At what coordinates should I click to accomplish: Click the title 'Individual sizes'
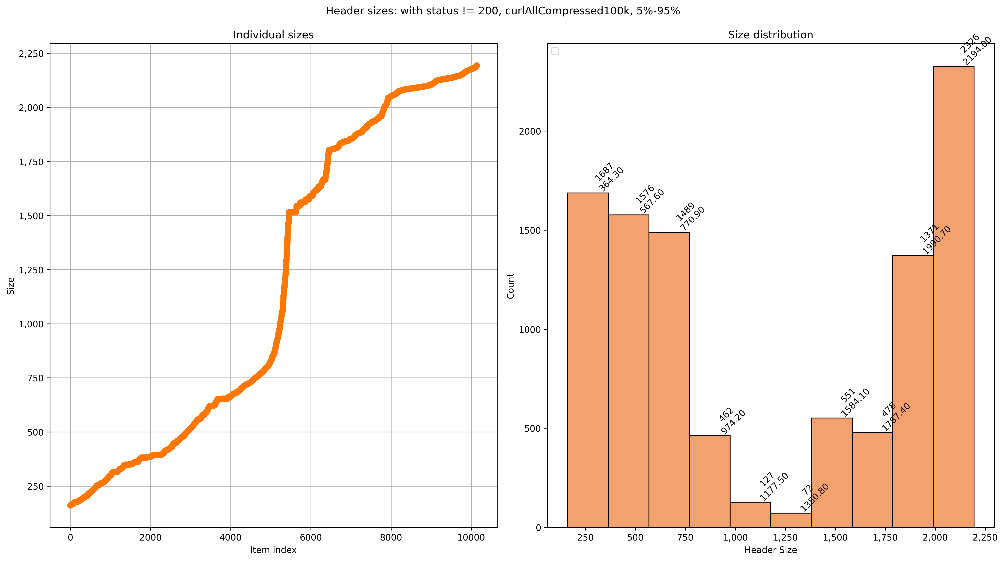[x=273, y=35]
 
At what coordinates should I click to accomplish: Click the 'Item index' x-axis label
[x=273, y=550]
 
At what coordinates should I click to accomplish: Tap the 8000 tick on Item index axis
[x=391, y=538]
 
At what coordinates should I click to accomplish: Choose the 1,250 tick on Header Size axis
[x=785, y=538]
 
